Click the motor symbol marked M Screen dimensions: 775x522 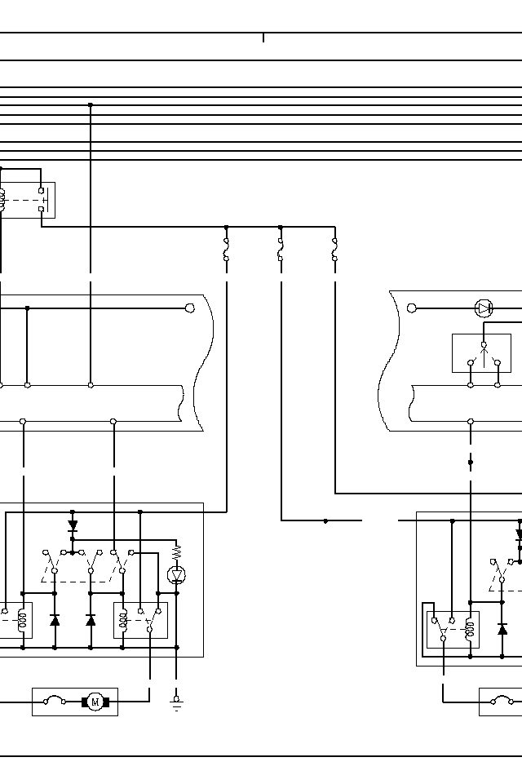click(x=95, y=702)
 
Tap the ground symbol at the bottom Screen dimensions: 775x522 click(x=176, y=704)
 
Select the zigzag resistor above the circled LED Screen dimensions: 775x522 click(x=176, y=552)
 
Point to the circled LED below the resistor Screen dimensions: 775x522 click(x=176, y=575)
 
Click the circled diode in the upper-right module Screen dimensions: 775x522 click(x=484, y=308)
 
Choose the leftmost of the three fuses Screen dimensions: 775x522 click(x=226, y=250)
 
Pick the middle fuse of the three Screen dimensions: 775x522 click(x=281, y=250)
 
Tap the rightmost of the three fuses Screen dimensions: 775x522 click(x=334, y=250)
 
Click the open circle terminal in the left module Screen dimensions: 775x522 click(x=190, y=308)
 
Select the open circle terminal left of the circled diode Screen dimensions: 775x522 click(x=411, y=308)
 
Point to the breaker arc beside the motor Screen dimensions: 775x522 click(x=55, y=700)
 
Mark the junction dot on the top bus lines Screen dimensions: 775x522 click(x=91, y=104)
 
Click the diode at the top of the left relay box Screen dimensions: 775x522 click(x=73, y=525)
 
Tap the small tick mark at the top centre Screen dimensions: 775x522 click(x=263, y=38)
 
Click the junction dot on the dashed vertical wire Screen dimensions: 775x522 click(x=471, y=463)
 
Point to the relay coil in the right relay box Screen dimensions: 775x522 click(x=468, y=628)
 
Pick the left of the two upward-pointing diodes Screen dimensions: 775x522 click(x=55, y=621)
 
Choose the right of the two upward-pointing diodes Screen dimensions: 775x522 click(x=91, y=621)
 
